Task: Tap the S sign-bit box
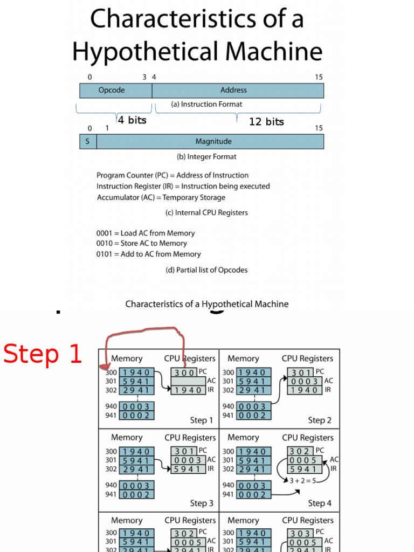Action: pyautogui.click(x=87, y=141)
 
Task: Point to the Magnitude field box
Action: pyautogui.click(x=210, y=141)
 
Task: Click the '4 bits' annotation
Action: pyautogui.click(x=132, y=120)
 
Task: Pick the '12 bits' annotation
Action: pyautogui.click(x=266, y=122)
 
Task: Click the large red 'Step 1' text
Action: pyautogui.click(x=43, y=354)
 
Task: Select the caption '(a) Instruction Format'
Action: pyautogui.click(x=206, y=104)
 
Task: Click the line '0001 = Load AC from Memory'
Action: pyautogui.click(x=146, y=233)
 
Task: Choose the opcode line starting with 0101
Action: pyautogui.click(x=148, y=254)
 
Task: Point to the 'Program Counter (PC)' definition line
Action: pyautogui.click(x=172, y=175)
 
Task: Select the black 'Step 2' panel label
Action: pyautogui.click(x=320, y=420)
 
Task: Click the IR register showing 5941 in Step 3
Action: pyautogui.click(x=188, y=469)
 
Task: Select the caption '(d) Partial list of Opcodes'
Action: pyautogui.click(x=206, y=270)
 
